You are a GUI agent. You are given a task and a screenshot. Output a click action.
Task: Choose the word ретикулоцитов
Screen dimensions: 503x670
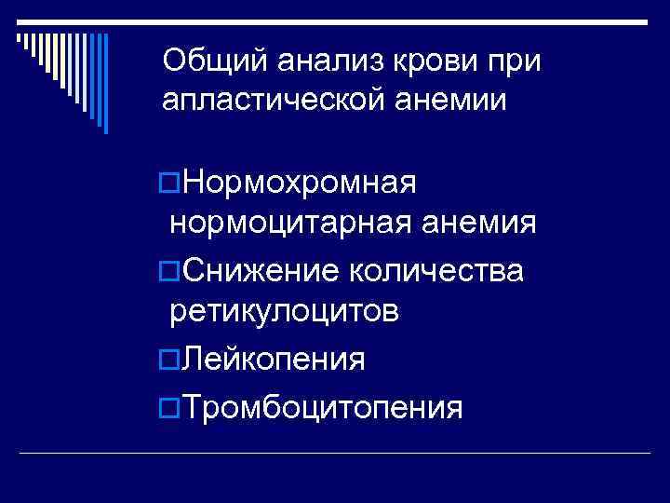tap(284, 312)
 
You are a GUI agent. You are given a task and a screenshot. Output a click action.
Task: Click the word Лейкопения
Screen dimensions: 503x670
tap(275, 358)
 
